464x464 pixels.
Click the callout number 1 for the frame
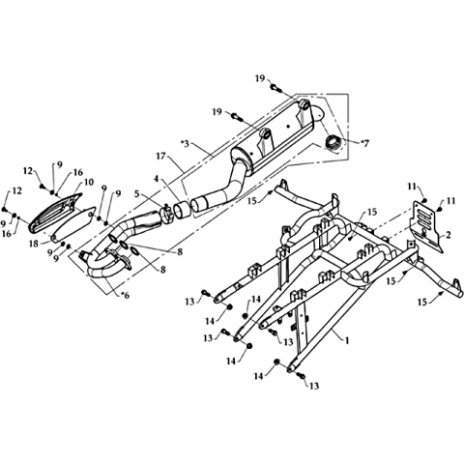point(347,340)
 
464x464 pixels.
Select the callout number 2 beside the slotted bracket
point(449,235)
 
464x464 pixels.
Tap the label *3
point(186,143)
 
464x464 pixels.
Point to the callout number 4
point(156,179)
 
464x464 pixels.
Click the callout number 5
point(136,193)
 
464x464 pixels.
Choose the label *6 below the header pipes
point(124,295)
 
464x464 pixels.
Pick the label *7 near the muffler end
point(363,143)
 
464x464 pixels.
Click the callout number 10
point(89,182)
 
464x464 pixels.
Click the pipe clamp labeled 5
point(166,214)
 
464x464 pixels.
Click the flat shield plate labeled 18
point(73,224)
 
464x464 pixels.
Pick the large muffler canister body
point(274,135)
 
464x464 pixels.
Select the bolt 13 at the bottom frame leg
point(301,375)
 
